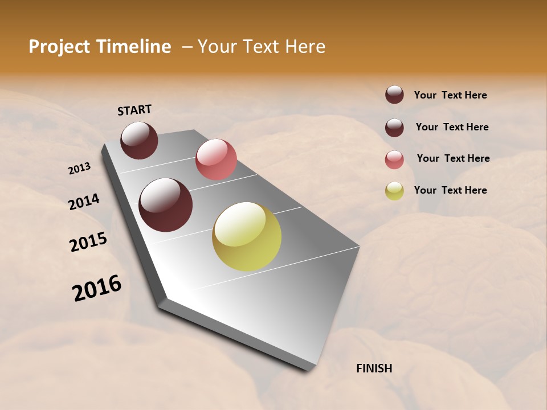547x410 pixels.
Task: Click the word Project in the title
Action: (58, 47)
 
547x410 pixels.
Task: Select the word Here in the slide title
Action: (305, 47)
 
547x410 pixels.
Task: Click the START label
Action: (134, 110)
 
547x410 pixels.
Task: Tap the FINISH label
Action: (374, 368)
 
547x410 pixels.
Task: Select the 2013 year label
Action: (79, 169)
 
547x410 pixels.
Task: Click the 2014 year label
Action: (84, 202)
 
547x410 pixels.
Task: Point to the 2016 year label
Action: (97, 288)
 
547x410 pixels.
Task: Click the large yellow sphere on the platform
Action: (247, 236)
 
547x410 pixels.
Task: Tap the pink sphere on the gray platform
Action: (216, 159)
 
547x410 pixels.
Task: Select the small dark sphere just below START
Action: (139, 140)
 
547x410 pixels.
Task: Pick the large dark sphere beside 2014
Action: (165, 205)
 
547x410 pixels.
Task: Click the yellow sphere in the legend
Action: (394, 191)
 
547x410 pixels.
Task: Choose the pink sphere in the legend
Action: (394, 159)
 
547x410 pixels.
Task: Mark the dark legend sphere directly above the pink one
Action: (394, 128)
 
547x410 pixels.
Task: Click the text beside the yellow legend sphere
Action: (450, 190)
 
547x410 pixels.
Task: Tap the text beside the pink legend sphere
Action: (453, 158)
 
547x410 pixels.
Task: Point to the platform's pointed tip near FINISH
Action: (311, 369)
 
